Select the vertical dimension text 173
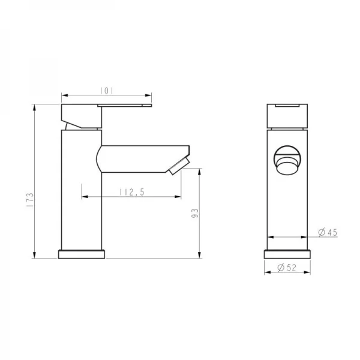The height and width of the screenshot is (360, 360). coord(29,198)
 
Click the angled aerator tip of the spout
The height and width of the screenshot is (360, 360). coord(180,166)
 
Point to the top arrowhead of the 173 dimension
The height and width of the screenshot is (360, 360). coord(35,107)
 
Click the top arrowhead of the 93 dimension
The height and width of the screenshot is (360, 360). coord(199,170)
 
